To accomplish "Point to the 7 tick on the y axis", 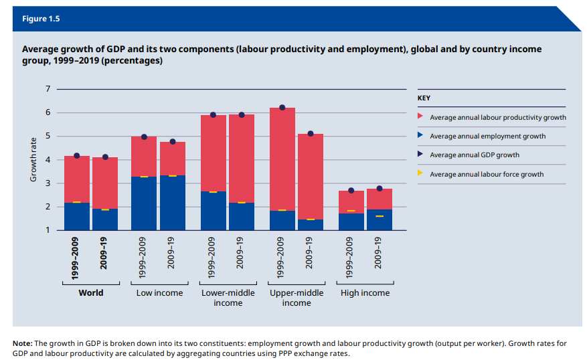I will (x=47, y=89).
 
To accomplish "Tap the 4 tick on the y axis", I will (x=47, y=160).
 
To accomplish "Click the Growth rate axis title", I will (x=33, y=159).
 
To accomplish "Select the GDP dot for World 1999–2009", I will (x=77, y=156).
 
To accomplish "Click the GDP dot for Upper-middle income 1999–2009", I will (x=282, y=108).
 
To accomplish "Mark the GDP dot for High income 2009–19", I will (x=379, y=189).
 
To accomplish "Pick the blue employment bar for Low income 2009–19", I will (x=172, y=203).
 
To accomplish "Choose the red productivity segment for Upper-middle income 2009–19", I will (x=310, y=177).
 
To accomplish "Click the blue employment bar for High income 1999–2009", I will (x=351, y=221).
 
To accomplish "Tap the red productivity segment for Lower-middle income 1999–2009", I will (x=214, y=153).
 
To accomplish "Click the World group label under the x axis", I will (x=90, y=293).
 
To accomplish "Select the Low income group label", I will (x=159, y=293).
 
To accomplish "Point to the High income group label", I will (x=365, y=293).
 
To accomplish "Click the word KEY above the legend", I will (x=424, y=98).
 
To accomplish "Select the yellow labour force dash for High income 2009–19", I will (x=379, y=216).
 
